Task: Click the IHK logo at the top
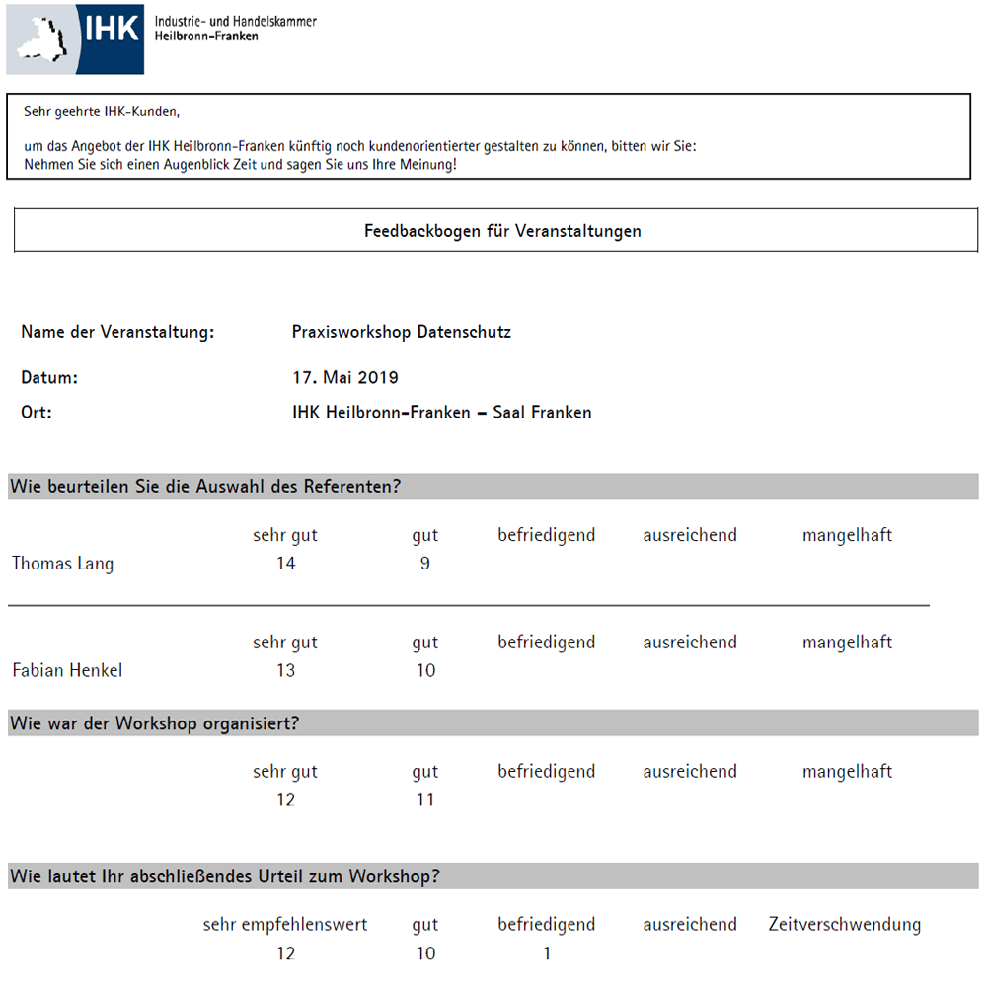click(x=75, y=39)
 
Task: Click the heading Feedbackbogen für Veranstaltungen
click(x=502, y=231)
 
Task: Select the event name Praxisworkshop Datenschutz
click(x=402, y=332)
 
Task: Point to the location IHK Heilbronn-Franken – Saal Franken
click(x=435, y=413)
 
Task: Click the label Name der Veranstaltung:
click(x=117, y=332)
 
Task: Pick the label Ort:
click(x=37, y=413)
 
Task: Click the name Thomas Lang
click(x=62, y=564)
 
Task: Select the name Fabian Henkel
click(x=67, y=670)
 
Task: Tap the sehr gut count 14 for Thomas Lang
click(x=286, y=564)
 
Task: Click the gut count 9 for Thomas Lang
click(x=424, y=564)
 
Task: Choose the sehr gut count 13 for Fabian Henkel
click(x=286, y=670)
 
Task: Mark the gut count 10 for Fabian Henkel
click(x=425, y=670)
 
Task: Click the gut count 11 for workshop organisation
click(x=425, y=799)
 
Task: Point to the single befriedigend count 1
click(x=547, y=953)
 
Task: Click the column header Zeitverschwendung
click(x=845, y=925)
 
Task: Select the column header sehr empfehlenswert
click(x=285, y=925)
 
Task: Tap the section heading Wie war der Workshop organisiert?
click(x=154, y=723)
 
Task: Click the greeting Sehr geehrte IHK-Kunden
click(x=102, y=112)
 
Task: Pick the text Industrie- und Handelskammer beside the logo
click(x=236, y=21)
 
